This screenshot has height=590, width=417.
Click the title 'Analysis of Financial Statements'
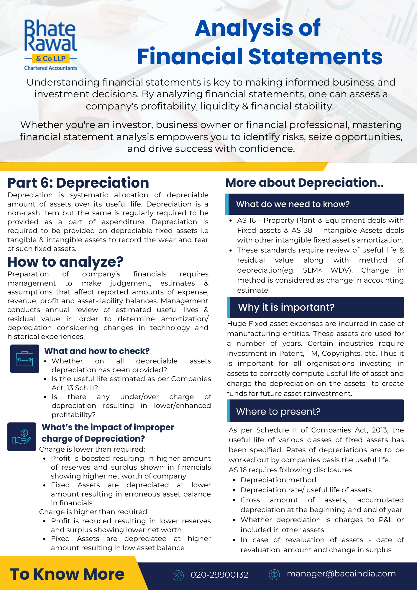(260, 42)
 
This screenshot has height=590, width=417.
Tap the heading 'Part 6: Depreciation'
(78, 183)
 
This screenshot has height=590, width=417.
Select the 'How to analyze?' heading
(65, 262)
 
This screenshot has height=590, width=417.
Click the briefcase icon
(24, 359)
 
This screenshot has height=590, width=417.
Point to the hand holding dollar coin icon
(22, 437)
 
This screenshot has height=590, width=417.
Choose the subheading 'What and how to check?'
(97, 351)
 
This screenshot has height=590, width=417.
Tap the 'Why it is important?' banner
(316, 307)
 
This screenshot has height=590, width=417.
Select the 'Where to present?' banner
(316, 411)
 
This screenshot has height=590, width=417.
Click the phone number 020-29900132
(219, 575)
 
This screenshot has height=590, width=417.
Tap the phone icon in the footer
(178, 575)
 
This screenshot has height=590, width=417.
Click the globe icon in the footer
(274, 575)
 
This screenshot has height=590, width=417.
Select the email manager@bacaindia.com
(341, 574)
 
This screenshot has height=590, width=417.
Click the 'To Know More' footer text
(67, 574)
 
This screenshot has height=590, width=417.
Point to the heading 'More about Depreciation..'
(304, 183)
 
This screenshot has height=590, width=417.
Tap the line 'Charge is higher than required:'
(94, 512)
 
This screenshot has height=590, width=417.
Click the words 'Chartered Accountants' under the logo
(51, 68)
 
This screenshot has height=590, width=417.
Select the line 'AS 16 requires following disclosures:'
(291, 470)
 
